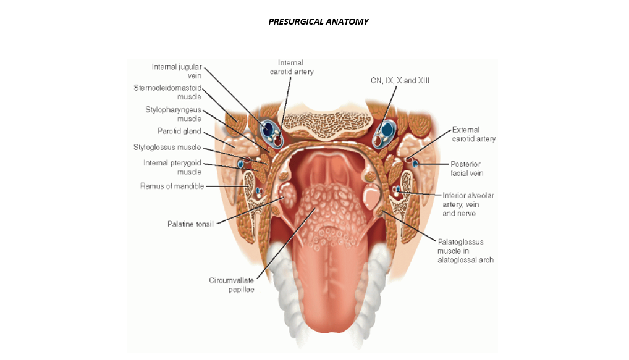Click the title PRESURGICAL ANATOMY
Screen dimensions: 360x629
coord(318,22)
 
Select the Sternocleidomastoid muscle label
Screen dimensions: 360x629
coord(167,92)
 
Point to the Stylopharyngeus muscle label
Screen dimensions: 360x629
coord(174,114)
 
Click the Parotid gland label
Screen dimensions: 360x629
coord(179,132)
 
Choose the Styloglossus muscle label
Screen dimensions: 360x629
coord(167,148)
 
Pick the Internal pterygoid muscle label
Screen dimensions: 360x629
coord(172,167)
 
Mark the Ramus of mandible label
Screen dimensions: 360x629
coord(172,186)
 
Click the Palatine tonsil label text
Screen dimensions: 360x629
coord(190,224)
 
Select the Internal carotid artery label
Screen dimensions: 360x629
coord(292,67)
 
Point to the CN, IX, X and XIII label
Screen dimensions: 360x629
coord(389,81)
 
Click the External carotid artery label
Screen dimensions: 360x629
coord(474,135)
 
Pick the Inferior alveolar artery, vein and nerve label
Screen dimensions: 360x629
coord(468,204)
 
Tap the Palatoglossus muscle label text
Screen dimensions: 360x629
coord(465,250)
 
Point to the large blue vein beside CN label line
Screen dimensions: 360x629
coord(388,130)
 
